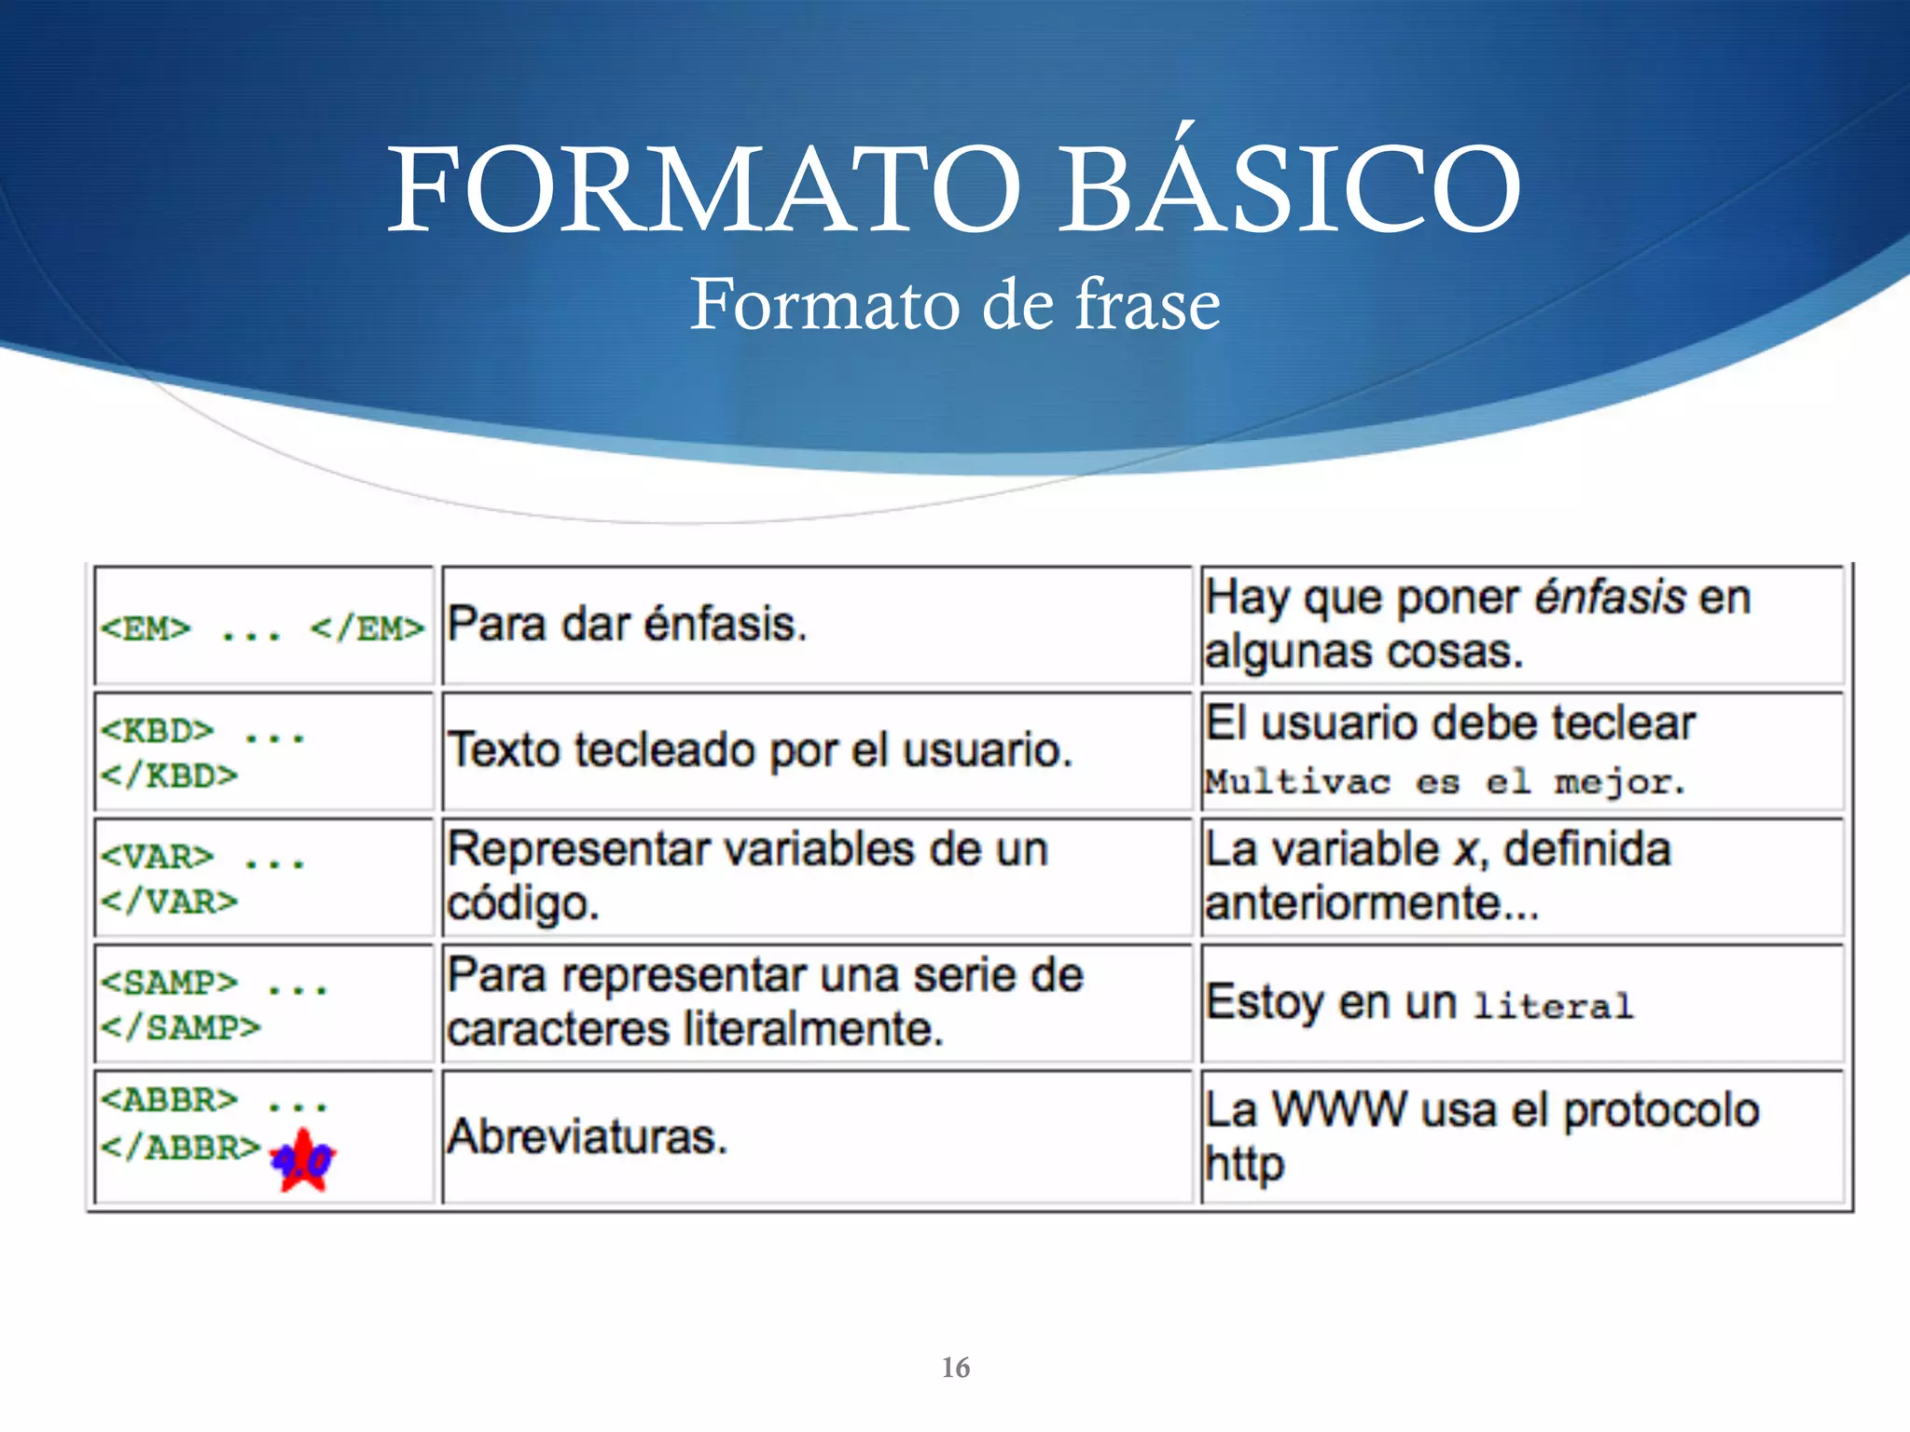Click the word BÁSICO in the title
1291,191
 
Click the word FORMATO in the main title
704,191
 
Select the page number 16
955,1368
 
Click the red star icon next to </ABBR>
303,1161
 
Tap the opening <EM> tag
145,629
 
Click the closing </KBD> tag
169,776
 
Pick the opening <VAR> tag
157,857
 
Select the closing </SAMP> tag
180,1027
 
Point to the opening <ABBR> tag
169,1100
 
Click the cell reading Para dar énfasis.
627,625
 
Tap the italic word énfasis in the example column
1610,598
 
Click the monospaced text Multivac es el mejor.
1444,781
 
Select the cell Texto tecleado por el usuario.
760,750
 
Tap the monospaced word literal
1553,1006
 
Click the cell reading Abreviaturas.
587,1137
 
